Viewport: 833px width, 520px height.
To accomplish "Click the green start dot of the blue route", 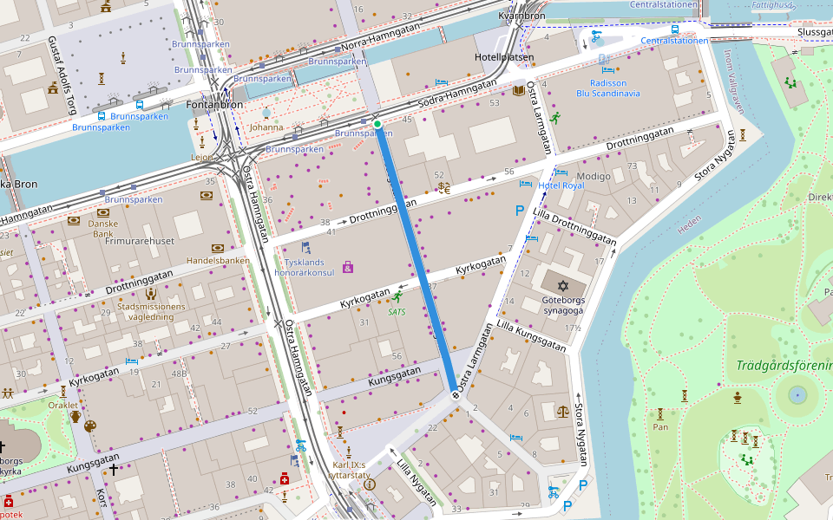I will click(377, 125).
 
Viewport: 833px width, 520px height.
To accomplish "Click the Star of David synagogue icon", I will click(562, 285).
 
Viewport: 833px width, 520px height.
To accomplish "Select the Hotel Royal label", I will click(561, 185).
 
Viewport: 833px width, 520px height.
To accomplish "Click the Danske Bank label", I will click(102, 228).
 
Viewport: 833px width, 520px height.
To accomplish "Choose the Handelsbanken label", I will click(218, 260).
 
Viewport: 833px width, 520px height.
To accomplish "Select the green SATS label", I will click(397, 311).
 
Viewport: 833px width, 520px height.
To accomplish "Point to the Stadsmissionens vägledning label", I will click(151, 312).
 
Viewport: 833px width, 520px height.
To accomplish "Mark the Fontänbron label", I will click(214, 105).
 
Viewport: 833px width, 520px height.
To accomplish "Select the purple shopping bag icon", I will click(348, 267).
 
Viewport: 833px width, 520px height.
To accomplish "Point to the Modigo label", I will click(594, 176).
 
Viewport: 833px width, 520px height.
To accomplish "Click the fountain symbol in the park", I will click(797, 395).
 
